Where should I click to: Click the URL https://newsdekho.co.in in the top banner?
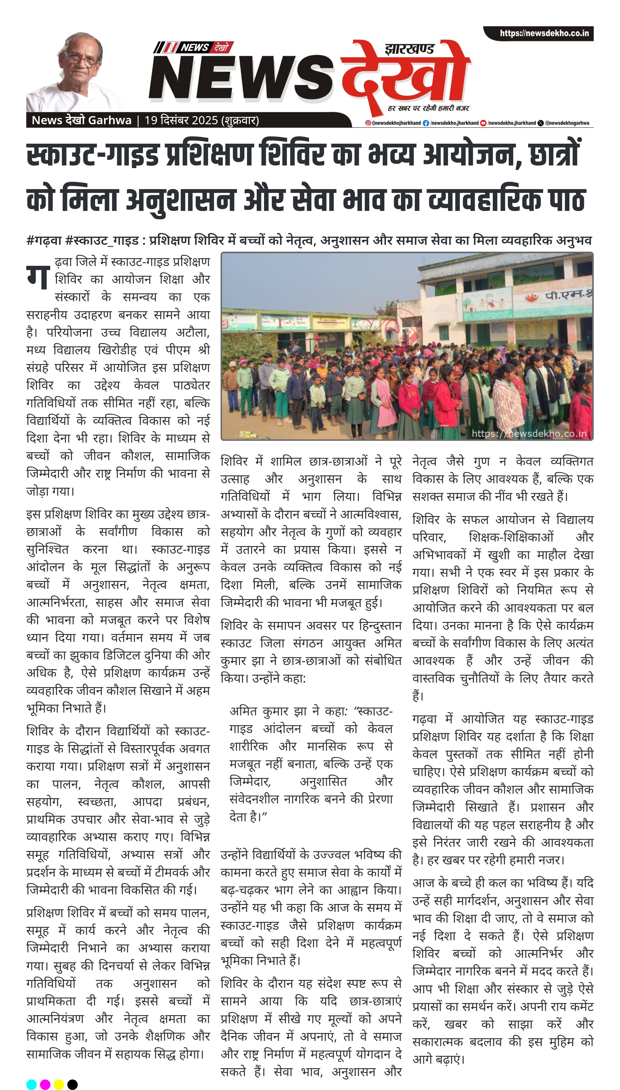(x=544, y=33)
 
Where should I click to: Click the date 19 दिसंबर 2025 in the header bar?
(x=181, y=121)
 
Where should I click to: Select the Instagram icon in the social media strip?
(x=368, y=123)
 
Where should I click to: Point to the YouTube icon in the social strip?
(x=483, y=123)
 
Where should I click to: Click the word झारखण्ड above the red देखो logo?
(x=409, y=49)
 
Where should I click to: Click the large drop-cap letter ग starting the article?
(x=38, y=277)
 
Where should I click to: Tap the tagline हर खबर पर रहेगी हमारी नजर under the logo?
(x=428, y=108)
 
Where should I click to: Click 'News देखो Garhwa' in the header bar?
(x=81, y=121)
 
